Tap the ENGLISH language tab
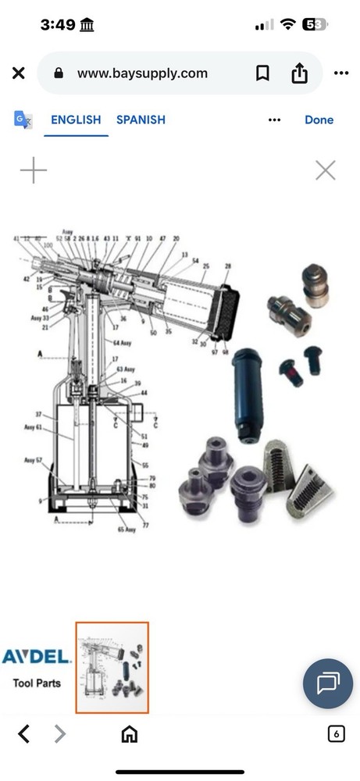click(76, 119)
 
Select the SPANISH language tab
click(141, 119)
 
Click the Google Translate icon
click(23, 119)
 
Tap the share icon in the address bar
click(300, 73)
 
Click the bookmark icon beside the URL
click(263, 73)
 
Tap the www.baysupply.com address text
click(142, 73)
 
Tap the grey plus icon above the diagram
click(34, 170)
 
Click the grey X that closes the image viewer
click(325, 170)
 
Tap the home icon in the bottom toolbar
click(129, 733)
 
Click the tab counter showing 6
click(336, 733)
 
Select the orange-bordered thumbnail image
click(112, 668)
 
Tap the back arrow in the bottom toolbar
click(24, 733)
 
